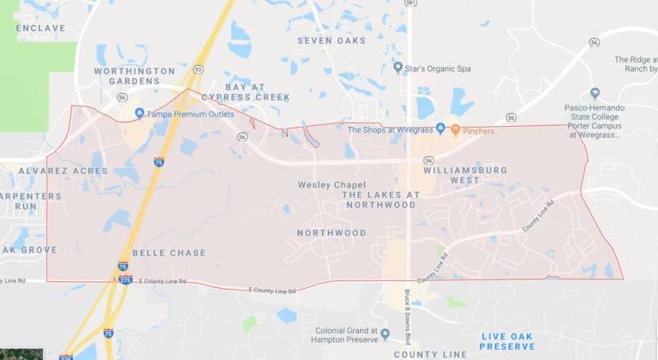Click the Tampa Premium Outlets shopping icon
140,113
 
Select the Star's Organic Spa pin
398,67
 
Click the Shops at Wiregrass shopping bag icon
440,129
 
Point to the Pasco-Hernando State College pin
595,93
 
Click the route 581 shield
410,4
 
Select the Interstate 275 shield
124,280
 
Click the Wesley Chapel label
332,185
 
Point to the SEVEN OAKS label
331,40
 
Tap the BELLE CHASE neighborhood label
169,253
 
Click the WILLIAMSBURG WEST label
464,176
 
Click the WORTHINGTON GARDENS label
135,76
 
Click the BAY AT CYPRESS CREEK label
245,92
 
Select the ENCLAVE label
40,27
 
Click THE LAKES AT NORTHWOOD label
381,200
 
